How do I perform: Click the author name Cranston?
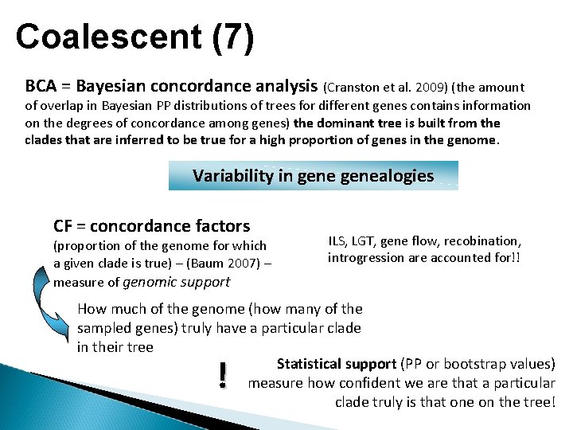pos(358,87)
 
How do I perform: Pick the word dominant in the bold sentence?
pos(348,123)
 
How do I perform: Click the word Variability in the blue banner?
pos(232,175)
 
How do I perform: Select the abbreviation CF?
pos(64,226)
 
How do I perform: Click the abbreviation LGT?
pos(370,240)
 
